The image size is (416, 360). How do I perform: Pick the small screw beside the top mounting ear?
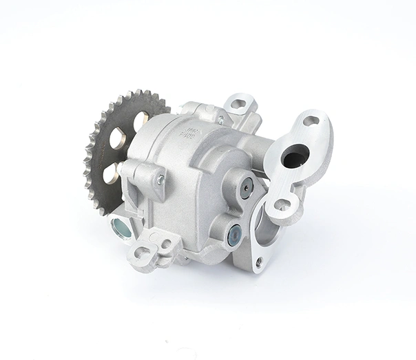pyautogui.click(x=220, y=120)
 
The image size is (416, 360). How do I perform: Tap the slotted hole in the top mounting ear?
pyautogui.click(x=238, y=105)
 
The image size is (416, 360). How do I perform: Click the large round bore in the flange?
pyautogui.click(x=294, y=158)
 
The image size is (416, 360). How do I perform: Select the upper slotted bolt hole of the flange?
pyautogui.click(x=311, y=121)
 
